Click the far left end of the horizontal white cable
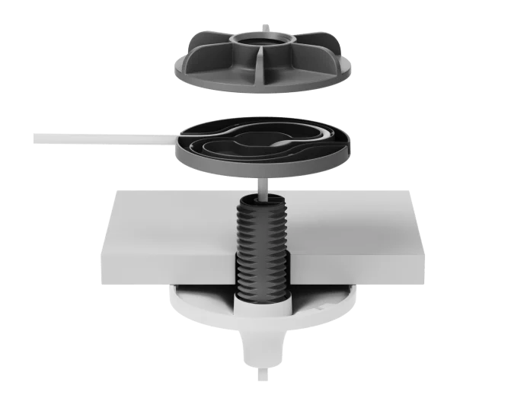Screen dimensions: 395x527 point(37,138)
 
